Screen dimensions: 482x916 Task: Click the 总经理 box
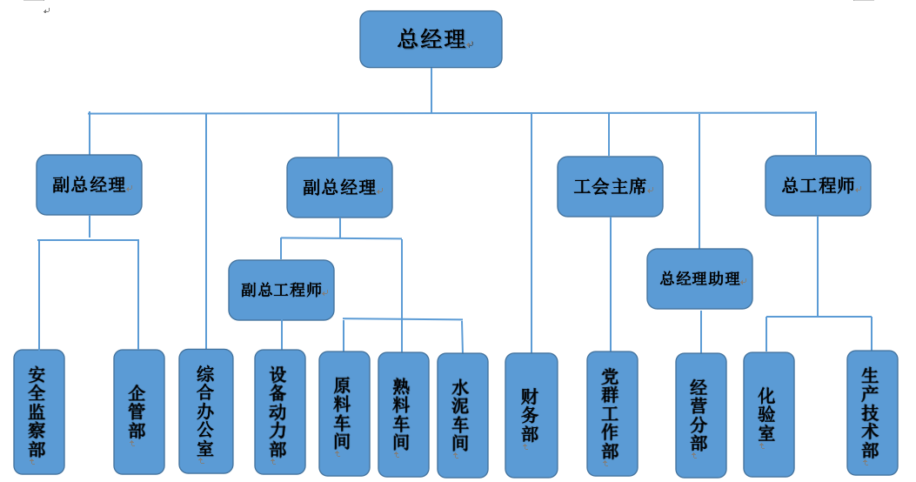(431, 39)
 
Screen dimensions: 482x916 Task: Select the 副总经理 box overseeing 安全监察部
(89, 184)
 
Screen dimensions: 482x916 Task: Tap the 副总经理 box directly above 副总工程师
(339, 187)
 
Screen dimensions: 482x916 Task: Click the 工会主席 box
(610, 186)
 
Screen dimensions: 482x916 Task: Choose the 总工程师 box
(818, 185)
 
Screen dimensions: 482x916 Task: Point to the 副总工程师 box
(281, 290)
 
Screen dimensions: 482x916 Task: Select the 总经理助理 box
(699, 278)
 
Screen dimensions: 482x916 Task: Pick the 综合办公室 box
(206, 411)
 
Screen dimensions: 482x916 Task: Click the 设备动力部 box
(279, 412)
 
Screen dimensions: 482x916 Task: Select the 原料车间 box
(344, 413)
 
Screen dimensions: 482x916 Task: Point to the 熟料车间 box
(403, 414)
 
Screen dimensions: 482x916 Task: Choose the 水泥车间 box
(462, 415)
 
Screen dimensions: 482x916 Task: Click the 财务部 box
(531, 415)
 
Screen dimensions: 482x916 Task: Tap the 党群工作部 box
(612, 413)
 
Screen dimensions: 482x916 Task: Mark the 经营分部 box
(700, 415)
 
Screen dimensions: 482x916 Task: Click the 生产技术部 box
(872, 412)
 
